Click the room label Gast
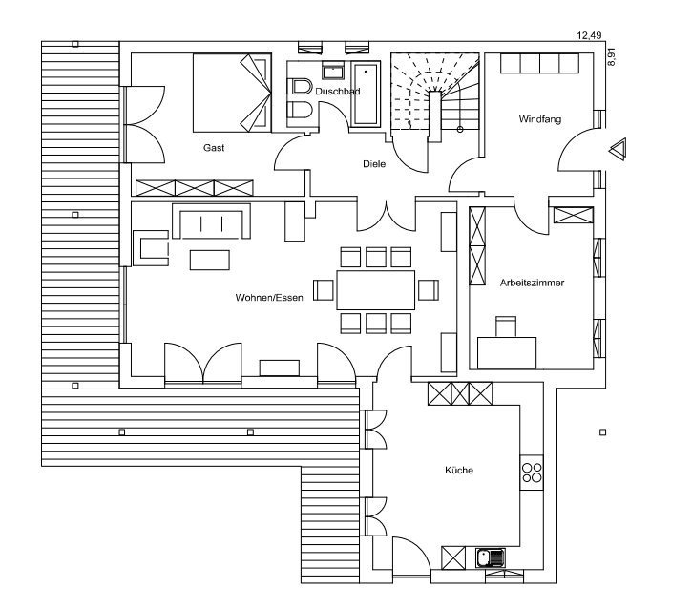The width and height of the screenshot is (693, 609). [213, 148]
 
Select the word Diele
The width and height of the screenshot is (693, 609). [374, 163]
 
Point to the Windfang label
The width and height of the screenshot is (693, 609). [539, 120]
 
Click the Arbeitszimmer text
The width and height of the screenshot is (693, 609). [532, 283]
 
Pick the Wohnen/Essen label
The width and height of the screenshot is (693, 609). [269, 298]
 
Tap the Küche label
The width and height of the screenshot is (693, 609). [458, 471]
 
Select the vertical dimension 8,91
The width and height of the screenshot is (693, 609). [612, 56]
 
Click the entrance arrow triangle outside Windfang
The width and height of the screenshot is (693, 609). [617, 148]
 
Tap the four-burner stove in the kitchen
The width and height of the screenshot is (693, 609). [532, 472]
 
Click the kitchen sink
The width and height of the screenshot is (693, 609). [490, 556]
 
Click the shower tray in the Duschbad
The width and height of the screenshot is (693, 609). [366, 95]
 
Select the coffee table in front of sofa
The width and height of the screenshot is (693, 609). [210, 259]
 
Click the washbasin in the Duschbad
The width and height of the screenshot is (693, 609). [333, 72]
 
